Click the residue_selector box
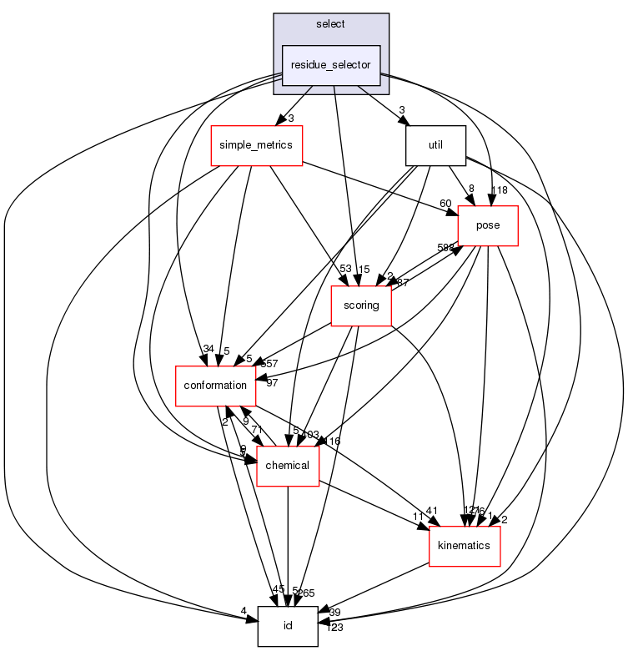332,65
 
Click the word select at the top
331,23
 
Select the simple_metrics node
256,145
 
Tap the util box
435,145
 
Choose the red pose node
488,225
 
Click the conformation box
214,386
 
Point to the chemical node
288,466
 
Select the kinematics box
464,546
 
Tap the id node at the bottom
288,626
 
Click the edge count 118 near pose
499,191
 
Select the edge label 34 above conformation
208,348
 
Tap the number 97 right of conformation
271,383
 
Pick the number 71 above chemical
258,429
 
